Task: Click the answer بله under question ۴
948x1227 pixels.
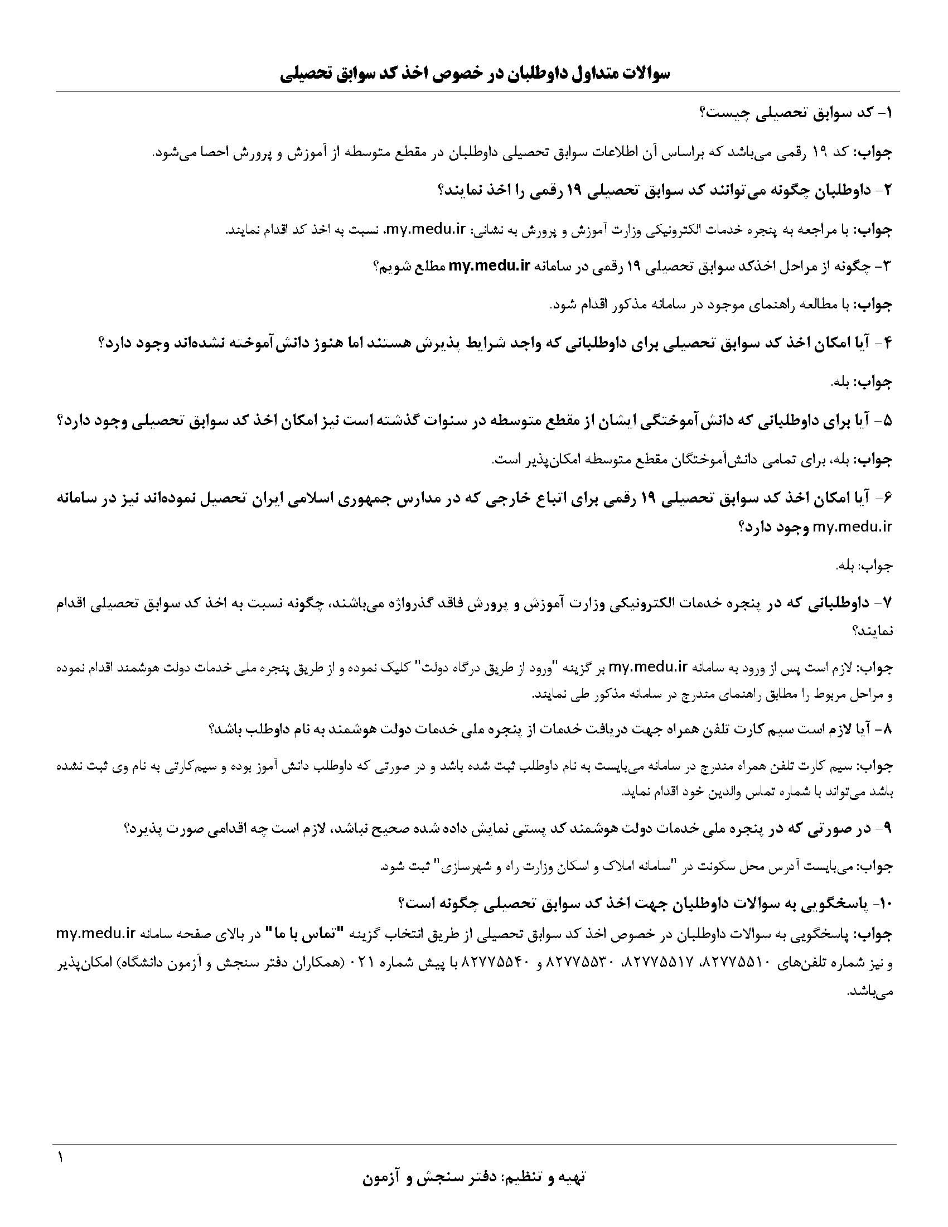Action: click(x=840, y=383)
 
